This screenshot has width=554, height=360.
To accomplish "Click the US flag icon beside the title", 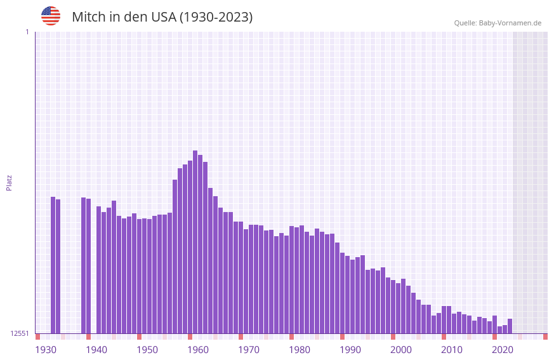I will coord(51,16).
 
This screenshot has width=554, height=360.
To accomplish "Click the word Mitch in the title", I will coord(89,17).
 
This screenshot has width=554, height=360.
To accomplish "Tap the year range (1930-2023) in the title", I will coord(216,17).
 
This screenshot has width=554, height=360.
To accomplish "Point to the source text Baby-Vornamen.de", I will coord(510,23).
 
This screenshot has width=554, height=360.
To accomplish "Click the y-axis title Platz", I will coord(9,182).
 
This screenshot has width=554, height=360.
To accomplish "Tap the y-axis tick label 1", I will coord(27,32).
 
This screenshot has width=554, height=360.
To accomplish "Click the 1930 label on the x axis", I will coord(46,349).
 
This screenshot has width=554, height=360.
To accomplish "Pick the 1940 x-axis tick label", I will coord(96,349).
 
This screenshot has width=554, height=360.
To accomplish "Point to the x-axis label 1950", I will coord(147,349).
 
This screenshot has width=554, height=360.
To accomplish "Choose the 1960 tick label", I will coord(198,349).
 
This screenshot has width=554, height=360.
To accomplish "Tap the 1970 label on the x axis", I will coord(249,349).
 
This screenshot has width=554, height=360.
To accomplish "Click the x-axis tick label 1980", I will coord(300,349).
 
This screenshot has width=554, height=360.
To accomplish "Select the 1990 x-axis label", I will coord(350,349).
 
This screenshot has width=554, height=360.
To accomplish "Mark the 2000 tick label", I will coord(401,349).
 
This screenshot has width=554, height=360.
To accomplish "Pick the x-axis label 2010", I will coord(452,349).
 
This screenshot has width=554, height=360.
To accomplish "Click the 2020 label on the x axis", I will coord(503,349).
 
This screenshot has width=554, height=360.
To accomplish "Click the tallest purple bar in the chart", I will coord(195,241).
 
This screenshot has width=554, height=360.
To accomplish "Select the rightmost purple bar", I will coord(510,326).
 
